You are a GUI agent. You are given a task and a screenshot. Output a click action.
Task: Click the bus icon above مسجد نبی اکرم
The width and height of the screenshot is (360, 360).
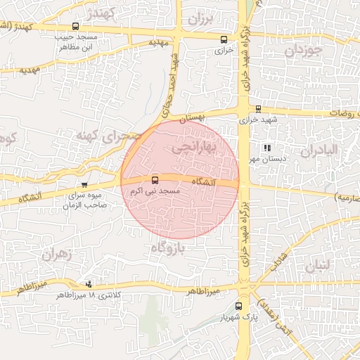155,180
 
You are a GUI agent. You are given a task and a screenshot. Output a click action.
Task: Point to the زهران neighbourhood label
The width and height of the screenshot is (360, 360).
58,255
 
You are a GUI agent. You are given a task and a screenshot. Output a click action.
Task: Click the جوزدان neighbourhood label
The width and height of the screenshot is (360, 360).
304,51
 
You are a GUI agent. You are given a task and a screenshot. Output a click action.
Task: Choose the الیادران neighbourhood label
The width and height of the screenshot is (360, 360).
319,150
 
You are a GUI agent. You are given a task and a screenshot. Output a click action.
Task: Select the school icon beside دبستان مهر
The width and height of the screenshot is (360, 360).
266,148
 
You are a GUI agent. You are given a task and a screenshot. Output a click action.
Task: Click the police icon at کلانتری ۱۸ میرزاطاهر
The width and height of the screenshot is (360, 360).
89,284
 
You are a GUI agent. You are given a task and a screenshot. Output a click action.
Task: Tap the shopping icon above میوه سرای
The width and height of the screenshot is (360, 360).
84,184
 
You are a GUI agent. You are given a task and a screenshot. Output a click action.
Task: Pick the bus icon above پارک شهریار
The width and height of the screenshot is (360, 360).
239,306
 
